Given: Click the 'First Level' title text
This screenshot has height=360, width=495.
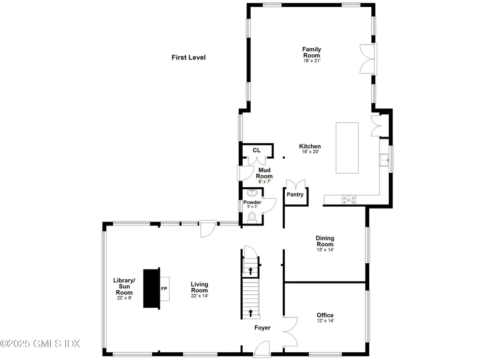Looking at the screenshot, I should pos(189,58).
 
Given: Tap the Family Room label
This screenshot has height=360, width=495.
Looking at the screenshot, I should pos(311,52).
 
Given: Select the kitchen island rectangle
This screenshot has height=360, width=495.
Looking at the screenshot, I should pos(347,148).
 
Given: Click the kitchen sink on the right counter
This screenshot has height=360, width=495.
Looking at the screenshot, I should pos(385,159).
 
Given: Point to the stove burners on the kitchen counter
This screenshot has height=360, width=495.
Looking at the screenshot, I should pos(349,198).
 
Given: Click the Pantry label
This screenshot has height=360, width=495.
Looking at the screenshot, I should pos(295,195).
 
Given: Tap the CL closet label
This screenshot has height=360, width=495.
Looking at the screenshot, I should pos(256,150).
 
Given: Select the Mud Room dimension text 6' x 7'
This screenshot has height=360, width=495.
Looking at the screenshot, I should pos(264,182).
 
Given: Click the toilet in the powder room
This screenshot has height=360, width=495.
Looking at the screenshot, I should pos(252,217).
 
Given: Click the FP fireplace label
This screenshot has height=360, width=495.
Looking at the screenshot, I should pos(164,289).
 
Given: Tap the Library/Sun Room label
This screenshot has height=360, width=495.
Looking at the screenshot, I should pos(124,286).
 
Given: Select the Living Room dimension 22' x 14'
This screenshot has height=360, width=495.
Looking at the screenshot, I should pos(199,296).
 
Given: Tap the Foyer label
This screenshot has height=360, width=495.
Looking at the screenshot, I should pos(262,328).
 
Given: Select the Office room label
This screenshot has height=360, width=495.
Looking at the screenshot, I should pos(325,315).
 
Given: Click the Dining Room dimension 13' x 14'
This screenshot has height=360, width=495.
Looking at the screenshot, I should pos(325,250).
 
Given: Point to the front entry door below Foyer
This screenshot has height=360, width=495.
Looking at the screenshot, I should pos(262,349).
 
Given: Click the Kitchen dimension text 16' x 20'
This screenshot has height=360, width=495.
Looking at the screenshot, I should pos(310,152).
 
